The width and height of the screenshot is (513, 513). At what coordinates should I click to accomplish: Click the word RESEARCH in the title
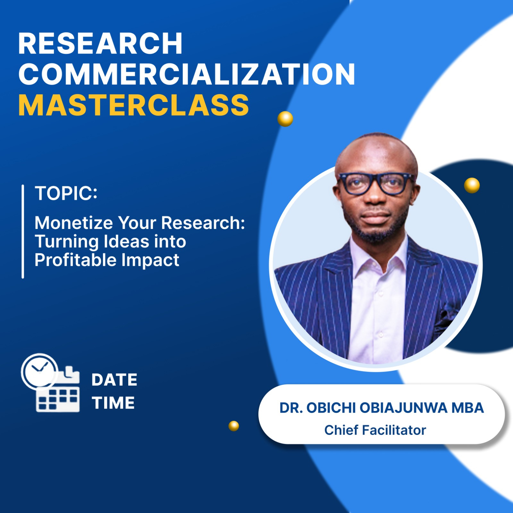(100, 44)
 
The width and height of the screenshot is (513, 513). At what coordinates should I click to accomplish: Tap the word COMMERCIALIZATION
(187, 74)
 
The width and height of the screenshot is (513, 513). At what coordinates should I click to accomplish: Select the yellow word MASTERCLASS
(134, 105)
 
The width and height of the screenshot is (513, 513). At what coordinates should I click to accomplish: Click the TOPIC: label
(66, 193)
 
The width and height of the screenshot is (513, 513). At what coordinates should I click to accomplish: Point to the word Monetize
(73, 223)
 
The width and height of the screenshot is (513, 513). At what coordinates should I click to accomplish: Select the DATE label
(114, 380)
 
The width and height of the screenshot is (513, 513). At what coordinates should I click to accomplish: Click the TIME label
(113, 403)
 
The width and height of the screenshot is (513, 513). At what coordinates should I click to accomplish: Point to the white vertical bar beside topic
(23, 231)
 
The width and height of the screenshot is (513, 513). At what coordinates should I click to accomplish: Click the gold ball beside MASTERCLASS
(285, 119)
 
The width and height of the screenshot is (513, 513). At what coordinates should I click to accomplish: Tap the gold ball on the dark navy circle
(472, 185)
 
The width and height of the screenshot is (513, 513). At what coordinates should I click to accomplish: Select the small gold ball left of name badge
(234, 426)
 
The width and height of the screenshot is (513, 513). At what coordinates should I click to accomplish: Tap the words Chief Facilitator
(375, 430)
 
